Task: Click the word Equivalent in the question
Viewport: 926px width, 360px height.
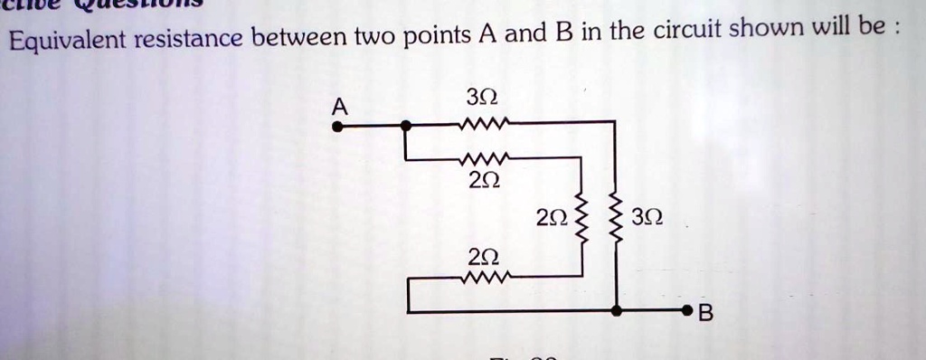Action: click(x=68, y=39)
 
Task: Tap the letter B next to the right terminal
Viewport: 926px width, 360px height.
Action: click(x=707, y=315)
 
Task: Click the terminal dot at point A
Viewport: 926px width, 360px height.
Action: click(x=337, y=128)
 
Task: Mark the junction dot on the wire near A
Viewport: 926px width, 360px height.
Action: click(x=407, y=127)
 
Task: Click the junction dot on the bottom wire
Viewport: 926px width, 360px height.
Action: click(x=616, y=311)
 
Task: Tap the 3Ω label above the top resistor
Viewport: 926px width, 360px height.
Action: click(x=487, y=96)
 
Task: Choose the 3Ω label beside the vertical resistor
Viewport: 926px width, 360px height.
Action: click(x=648, y=219)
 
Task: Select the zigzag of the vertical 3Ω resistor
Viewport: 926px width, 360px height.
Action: click(x=616, y=219)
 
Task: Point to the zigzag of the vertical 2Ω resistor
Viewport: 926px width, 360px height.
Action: click(x=581, y=217)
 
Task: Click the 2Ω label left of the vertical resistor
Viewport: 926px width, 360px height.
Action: click(x=551, y=219)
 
